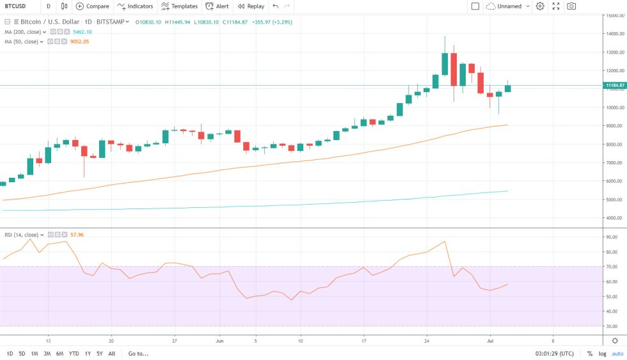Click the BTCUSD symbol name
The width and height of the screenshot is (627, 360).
15,6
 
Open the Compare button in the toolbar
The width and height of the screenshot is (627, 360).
93,6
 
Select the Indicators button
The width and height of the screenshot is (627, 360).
135,6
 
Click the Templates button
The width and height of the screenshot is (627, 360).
179,6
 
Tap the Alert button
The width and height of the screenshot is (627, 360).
218,6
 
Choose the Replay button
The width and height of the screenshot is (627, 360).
251,6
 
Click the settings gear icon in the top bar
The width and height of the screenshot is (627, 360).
540,6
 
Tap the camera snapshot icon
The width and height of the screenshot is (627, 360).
571,6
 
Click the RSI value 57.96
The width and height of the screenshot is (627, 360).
77,235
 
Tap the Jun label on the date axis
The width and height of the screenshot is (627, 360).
219,341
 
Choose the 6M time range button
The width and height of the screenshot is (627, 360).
60,354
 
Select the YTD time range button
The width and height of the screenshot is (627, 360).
74,354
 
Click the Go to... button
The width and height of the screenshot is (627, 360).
138,354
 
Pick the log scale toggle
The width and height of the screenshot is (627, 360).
602,354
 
